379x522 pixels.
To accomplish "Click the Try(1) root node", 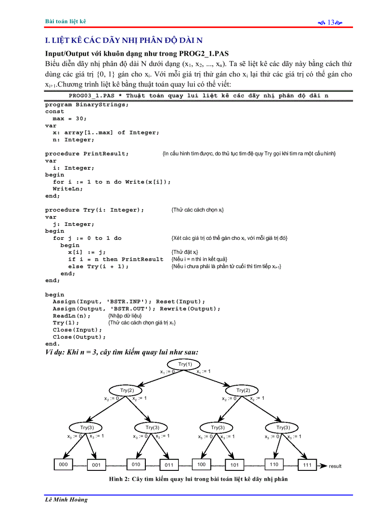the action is pyautogui.click(x=185, y=364).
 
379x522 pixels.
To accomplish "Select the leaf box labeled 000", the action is pyautogui.click(x=64, y=464).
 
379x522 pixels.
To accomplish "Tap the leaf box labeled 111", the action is pyautogui.click(x=307, y=464).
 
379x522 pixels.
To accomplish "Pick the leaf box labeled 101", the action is pyautogui.click(x=234, y=464).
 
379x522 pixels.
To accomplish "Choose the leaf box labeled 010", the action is pyautogui.click(x=136, y=464).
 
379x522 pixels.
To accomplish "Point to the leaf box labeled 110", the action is pyautogui.click(x=274, y=464).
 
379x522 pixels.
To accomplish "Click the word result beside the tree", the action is pyautogui.click(x=335, y=466).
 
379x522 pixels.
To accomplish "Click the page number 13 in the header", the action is pyautogui.click(x=331, y=22).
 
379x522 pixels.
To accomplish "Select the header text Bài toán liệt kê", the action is pyautogui.click(x=65, y=21).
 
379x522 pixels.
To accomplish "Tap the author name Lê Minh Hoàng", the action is pyautogui.click(x=66, y=500).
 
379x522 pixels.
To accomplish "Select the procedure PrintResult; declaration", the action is pyautogui.click(x=87, y=153).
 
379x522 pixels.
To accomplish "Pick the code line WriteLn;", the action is pyautogui.click(x=68, y=189).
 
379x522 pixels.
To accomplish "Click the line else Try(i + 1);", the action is pyautogui.click(x=98, y=266).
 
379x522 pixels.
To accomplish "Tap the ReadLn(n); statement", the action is pyautogui.click(x=72, y=316).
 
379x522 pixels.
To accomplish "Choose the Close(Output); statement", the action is pyautogui.click(x=79, y=337).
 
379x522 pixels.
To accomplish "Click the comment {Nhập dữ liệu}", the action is pyautogui.click(x=121, y=316).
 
